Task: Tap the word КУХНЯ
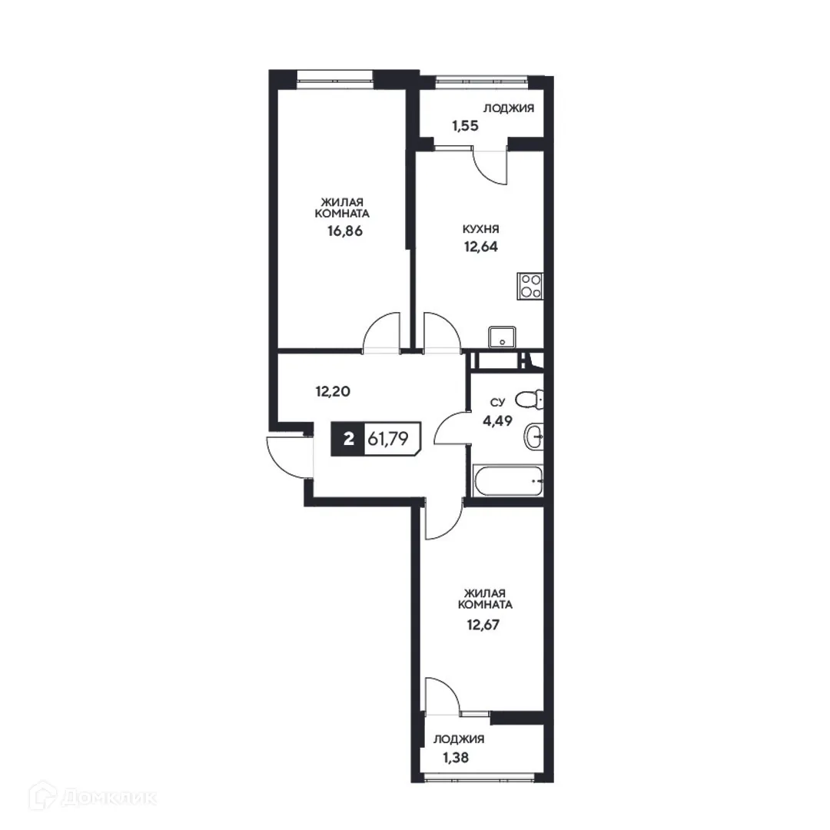[482, 229]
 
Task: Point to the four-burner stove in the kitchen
[530, 286]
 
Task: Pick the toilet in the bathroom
[530, 400]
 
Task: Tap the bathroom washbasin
[533, 437]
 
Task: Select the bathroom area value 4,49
[498, 420]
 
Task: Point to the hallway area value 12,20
[333, 390]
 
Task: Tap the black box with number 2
[348, 440]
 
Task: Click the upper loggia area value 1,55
[466, 125]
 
